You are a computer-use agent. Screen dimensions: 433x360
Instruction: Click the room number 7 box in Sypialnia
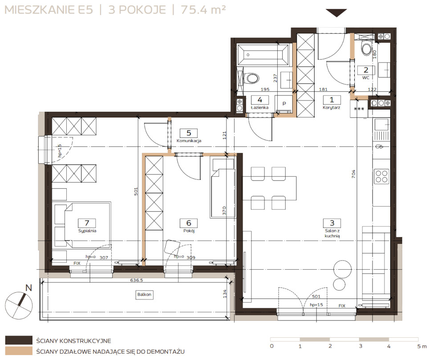[x=87, y=223]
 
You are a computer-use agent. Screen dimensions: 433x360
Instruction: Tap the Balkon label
[x=144, y=295]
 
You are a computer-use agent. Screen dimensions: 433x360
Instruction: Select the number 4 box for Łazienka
[x=259, y=100]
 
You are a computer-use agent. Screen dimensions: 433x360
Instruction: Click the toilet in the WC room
[x=367, y=49]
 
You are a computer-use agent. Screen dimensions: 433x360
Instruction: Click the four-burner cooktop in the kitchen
[x=381, y=176]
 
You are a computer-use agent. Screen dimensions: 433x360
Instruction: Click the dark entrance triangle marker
[x=336, y=13]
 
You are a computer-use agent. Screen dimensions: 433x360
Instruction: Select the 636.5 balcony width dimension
[x=137, y=280]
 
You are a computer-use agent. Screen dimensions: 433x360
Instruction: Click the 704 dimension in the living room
[x=353, y=174]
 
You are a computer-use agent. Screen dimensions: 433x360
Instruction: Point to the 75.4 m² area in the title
[x=203, y=10]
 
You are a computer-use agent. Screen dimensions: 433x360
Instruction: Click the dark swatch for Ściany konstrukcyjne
[x=19, y=340]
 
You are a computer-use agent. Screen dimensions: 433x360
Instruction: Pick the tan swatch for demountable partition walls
[x=19, y=351]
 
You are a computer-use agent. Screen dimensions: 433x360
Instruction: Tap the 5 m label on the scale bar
[x=422, y=346]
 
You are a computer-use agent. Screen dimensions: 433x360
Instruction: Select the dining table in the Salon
[x=269, y=188]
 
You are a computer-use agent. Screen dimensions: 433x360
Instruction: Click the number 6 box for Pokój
[x=189, y=223]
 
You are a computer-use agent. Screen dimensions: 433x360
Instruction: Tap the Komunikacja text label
[x=189, y=141]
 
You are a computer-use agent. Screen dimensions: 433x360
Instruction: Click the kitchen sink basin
[x=381, y=125]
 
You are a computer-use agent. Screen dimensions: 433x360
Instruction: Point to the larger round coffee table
[x=342, y=269]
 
